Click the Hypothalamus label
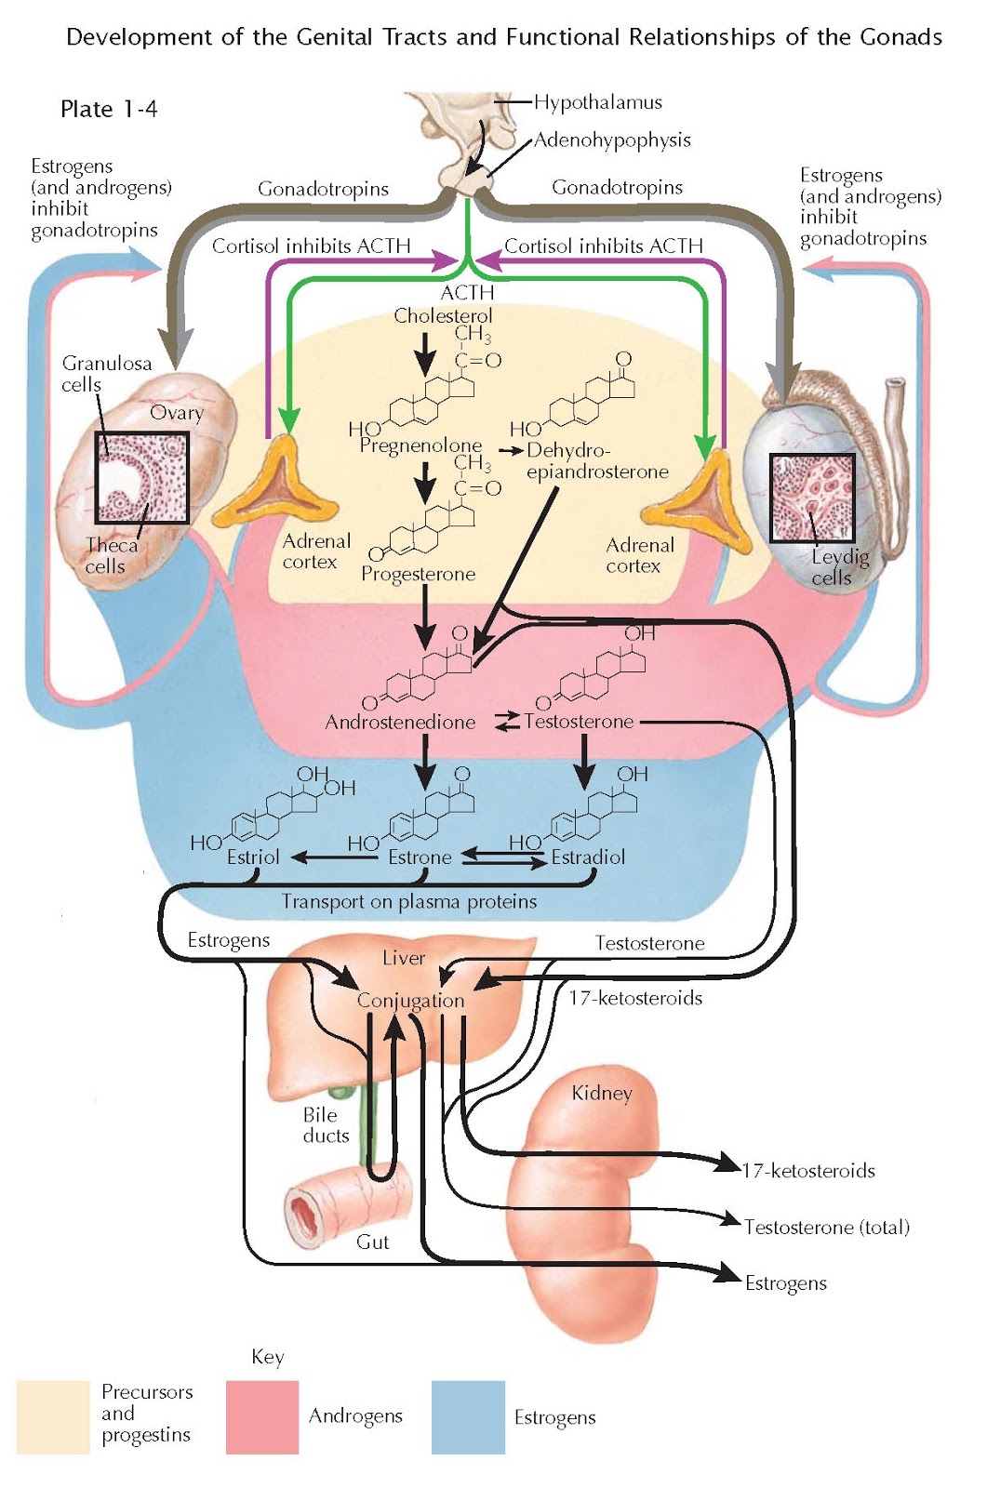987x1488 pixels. click(597, 102)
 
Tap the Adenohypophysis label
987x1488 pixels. click(612, 140)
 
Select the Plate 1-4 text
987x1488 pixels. click(109, 110)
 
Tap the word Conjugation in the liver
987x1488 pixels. click(410, 1002)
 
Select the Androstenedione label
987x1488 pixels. click(400, 723)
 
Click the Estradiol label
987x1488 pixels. click(588, 857)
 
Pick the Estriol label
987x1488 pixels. click(253, 857)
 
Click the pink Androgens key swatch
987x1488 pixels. click(262, 1416)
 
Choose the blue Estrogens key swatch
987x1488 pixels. click(468, 1416)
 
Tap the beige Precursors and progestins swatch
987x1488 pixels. click(53, 1416)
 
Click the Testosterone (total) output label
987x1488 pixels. click(826, 1228)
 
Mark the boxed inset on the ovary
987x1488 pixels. click(142, 478)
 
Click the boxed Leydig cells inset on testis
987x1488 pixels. click(812, 498)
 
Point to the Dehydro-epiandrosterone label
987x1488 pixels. click(596, 461)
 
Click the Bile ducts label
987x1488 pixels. click(326, 1125)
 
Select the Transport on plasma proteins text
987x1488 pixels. click(409, 901)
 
